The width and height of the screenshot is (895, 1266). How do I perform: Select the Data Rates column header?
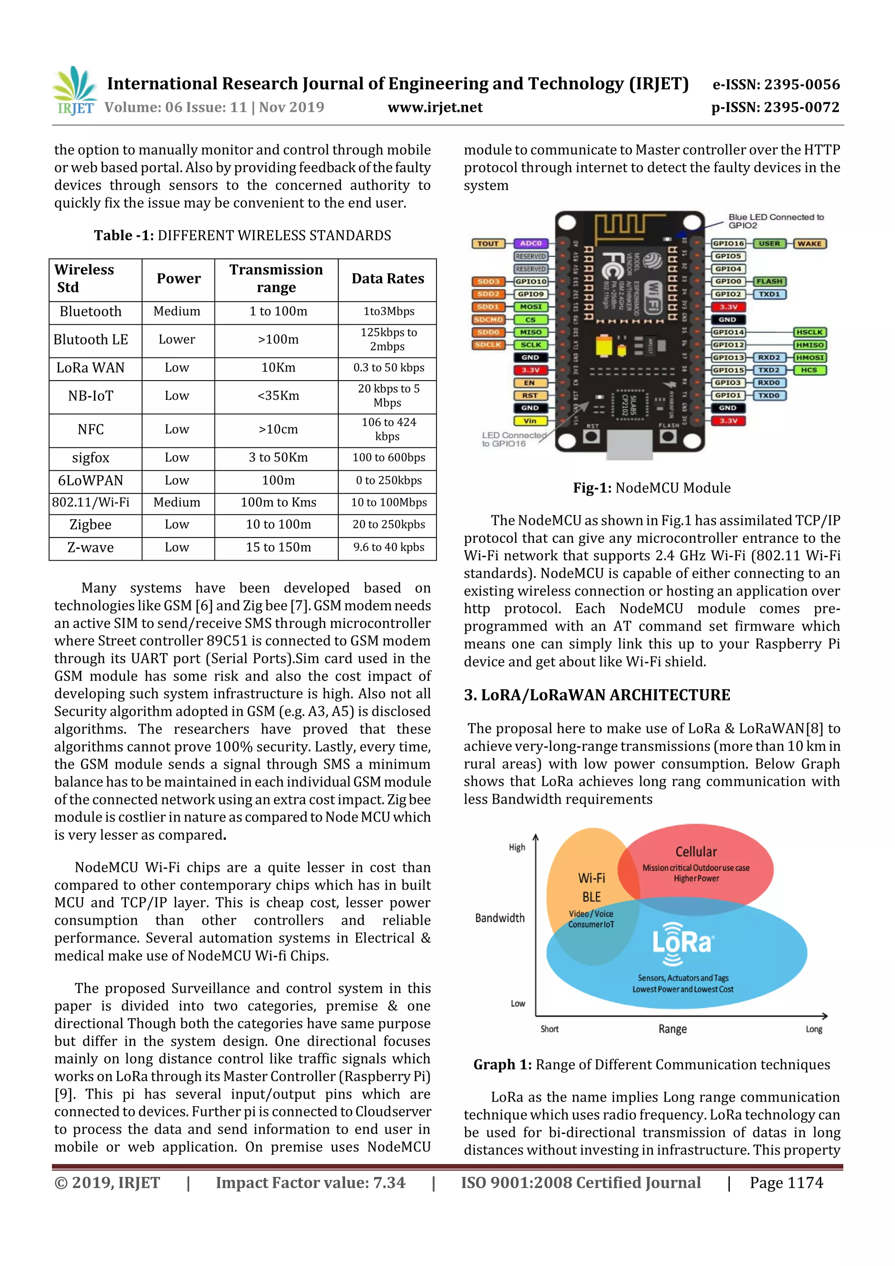[x=388, y=279]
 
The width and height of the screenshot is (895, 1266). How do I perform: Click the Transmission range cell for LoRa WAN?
[x=278, y=368]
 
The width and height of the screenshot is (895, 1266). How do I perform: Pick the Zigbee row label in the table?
[x=90, y=525]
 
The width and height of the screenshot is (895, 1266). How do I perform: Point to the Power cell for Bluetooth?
[x=177, y=312]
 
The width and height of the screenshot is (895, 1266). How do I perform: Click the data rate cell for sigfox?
[x=388, y=458]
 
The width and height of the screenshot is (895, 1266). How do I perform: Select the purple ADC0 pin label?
[x=531, y=243]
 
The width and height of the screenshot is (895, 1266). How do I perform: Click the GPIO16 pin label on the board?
[x=728, y=243]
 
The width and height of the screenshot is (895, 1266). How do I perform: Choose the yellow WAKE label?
[x=809, y=243]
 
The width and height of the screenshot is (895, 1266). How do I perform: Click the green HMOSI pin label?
[x=809, y=357]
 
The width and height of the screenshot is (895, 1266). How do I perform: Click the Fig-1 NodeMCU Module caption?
[x=652, y=488]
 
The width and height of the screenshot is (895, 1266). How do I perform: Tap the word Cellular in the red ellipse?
[x=696, y=852]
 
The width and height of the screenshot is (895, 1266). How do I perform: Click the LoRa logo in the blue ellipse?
[x=683, y=943]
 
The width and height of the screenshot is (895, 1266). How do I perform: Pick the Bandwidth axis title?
[x=500, y=918]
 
